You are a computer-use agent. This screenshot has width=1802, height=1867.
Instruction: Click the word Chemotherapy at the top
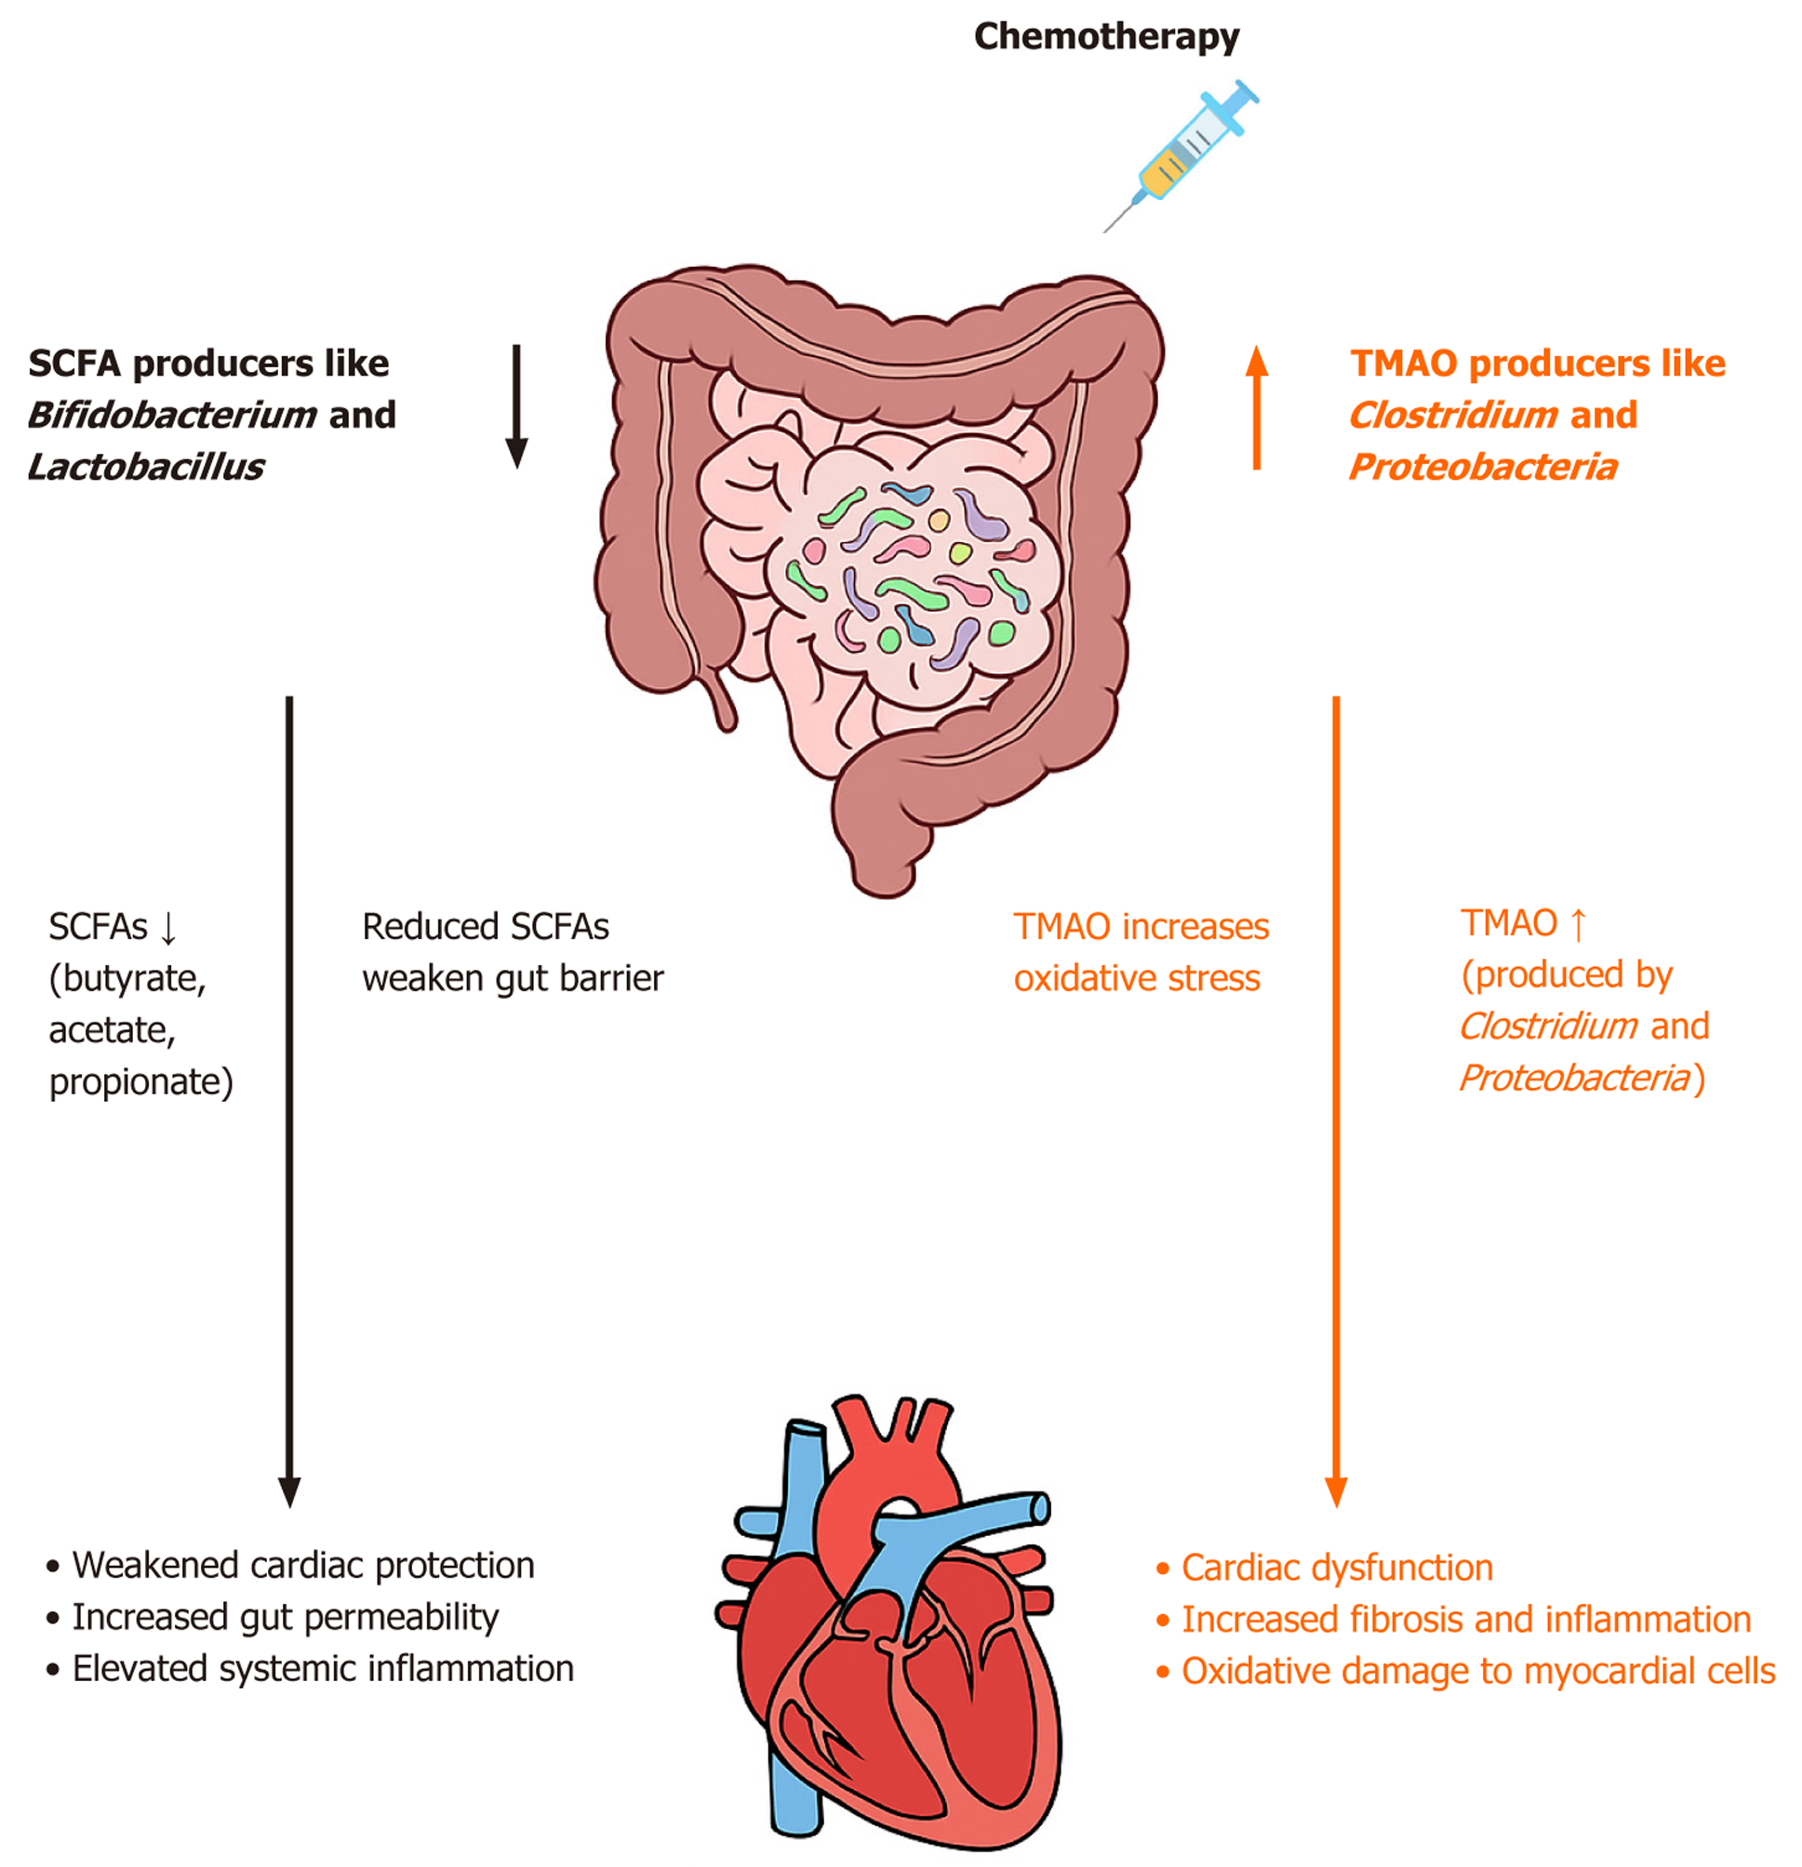point(1105,37)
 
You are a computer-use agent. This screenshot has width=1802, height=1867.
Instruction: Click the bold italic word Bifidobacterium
point(171,416)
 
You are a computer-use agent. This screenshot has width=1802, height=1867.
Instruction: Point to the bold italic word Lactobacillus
point(146,468)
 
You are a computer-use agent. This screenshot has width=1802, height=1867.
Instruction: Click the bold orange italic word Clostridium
point(1453,416)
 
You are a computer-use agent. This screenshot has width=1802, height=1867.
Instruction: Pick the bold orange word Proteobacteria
point(1483,468)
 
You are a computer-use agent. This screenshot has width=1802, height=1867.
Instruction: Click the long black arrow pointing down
point(289,1095)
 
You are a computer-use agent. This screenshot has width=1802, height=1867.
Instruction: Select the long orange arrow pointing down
point(1336,1095)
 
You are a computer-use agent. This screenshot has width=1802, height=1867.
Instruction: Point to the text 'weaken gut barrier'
point(513,978)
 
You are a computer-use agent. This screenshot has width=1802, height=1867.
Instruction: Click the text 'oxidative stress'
point(1136,978)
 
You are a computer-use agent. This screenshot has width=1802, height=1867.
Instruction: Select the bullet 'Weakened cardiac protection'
point(303,1565)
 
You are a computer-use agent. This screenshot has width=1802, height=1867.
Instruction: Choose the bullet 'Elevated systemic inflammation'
point(322,1669)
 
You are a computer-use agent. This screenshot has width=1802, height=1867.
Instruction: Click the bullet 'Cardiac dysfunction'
point(1336,1568)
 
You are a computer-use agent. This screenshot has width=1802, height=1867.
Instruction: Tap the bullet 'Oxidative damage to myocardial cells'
point(1477,1672)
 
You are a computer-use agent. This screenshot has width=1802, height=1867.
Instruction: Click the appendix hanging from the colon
point(721,700)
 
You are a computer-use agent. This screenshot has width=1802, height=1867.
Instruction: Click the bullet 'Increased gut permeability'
point(285,1618)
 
